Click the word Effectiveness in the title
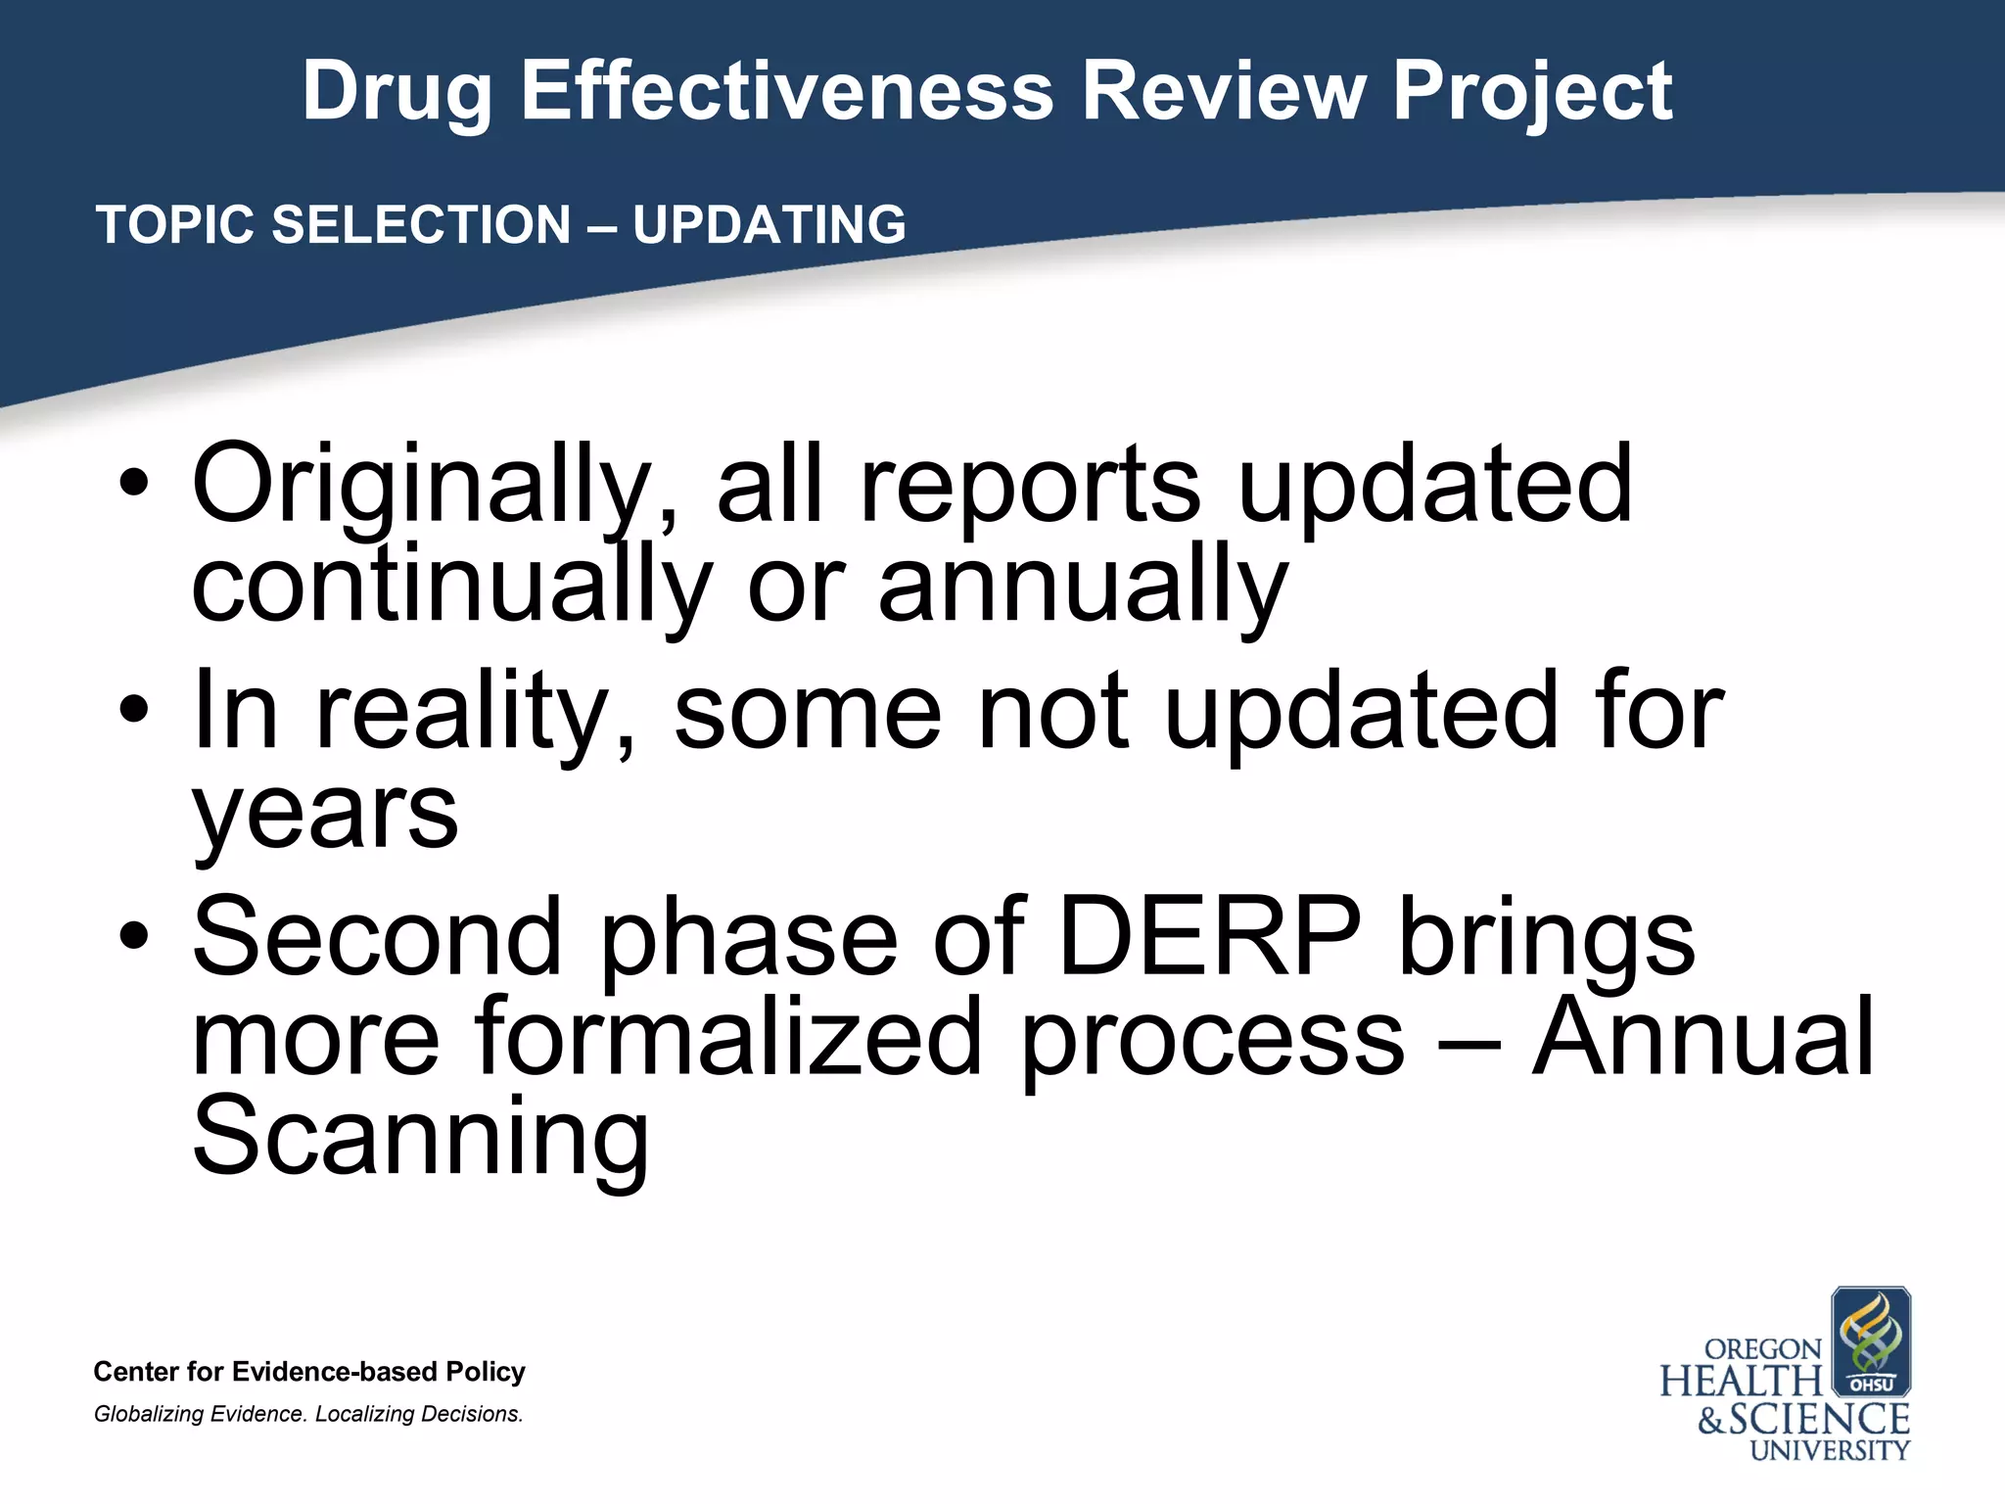click(x=786, y=91)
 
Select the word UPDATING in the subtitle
click(x=769, y=225)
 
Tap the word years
click(x=325, y=812)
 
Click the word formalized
click(x=728, y=1037)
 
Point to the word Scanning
click(x=420, y=1138)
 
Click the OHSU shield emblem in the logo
click(x=1870, y=1340)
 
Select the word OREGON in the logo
click(x=1762, y=1349)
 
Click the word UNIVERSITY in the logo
click(x=1830, y=1450)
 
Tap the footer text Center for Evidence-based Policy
click(x=309, y=1372)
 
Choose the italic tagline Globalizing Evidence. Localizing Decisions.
click(x=308, y=1414)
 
